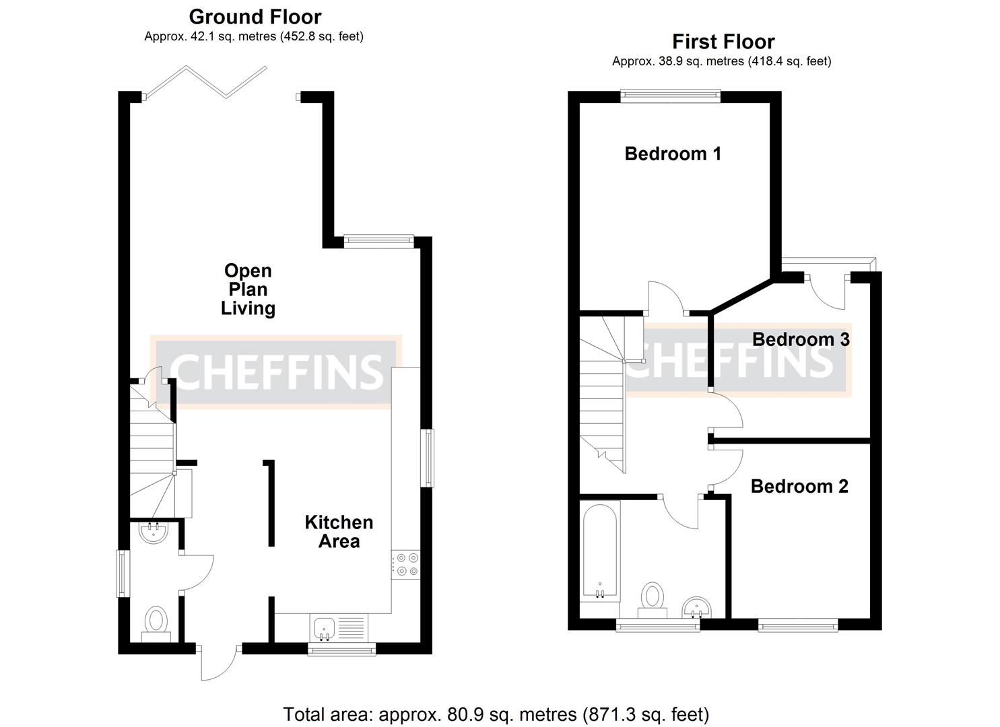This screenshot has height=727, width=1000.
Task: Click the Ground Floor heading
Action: (x=255, y=16)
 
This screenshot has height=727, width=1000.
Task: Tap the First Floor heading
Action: (x=723, y=42)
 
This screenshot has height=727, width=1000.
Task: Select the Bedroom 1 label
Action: (x=673, y=153)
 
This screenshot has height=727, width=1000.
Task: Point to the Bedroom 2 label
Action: (x=799, y=486)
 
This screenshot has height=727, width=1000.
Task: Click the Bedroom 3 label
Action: (x=801, y=339)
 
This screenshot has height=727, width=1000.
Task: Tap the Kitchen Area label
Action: (x=339, y=532)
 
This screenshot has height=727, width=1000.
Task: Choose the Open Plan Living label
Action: (x=248, y=289)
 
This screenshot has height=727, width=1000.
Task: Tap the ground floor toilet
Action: (x=157, y=623)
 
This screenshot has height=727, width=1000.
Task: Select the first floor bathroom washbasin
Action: (x=696, y=607)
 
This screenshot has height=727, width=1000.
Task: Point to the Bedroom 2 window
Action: (x=798, y=625)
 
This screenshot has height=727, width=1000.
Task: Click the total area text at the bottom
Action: (x=496, y=714)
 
